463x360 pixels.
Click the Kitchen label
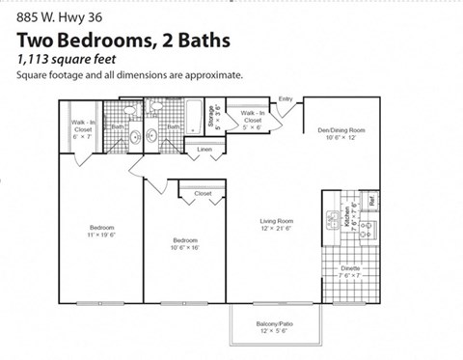(331, 218)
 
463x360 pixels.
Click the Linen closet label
(204, 151)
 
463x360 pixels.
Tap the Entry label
(285, 99)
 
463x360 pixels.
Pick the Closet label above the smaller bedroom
(203, 194)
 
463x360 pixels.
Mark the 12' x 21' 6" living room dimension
(276, 229)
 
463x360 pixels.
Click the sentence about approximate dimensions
(128, 74)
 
